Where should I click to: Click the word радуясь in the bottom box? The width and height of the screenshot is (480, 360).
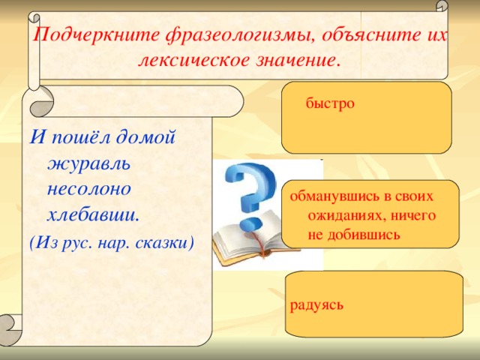click(x=317, y=304)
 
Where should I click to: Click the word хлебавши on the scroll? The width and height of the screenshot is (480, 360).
click(x=93, y=214)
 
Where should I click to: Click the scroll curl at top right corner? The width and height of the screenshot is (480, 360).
click(x=442, y=7)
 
